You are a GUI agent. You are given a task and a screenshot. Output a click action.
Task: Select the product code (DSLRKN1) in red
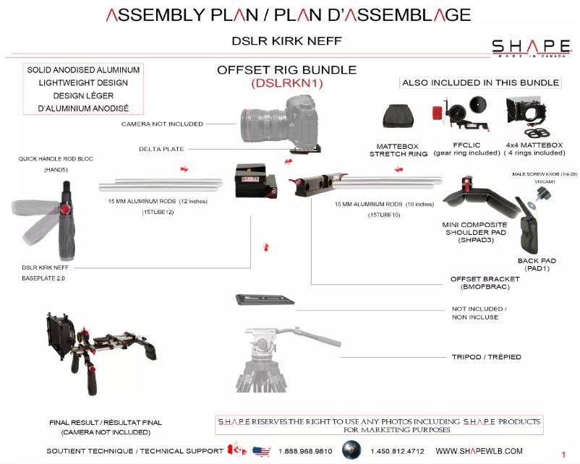coord(286,84)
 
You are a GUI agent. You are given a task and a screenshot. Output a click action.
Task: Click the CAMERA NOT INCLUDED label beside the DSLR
coord(162,124)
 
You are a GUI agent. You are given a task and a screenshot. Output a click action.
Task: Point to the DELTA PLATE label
coord(161,149)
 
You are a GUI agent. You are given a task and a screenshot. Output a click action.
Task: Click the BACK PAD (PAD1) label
coord(537,265)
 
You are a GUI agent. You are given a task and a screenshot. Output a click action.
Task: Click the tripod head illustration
coord(278,340)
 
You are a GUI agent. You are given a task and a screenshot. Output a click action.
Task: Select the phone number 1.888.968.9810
coord(305,451)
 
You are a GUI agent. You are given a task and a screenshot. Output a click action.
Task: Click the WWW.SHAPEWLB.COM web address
coord(479,451)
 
